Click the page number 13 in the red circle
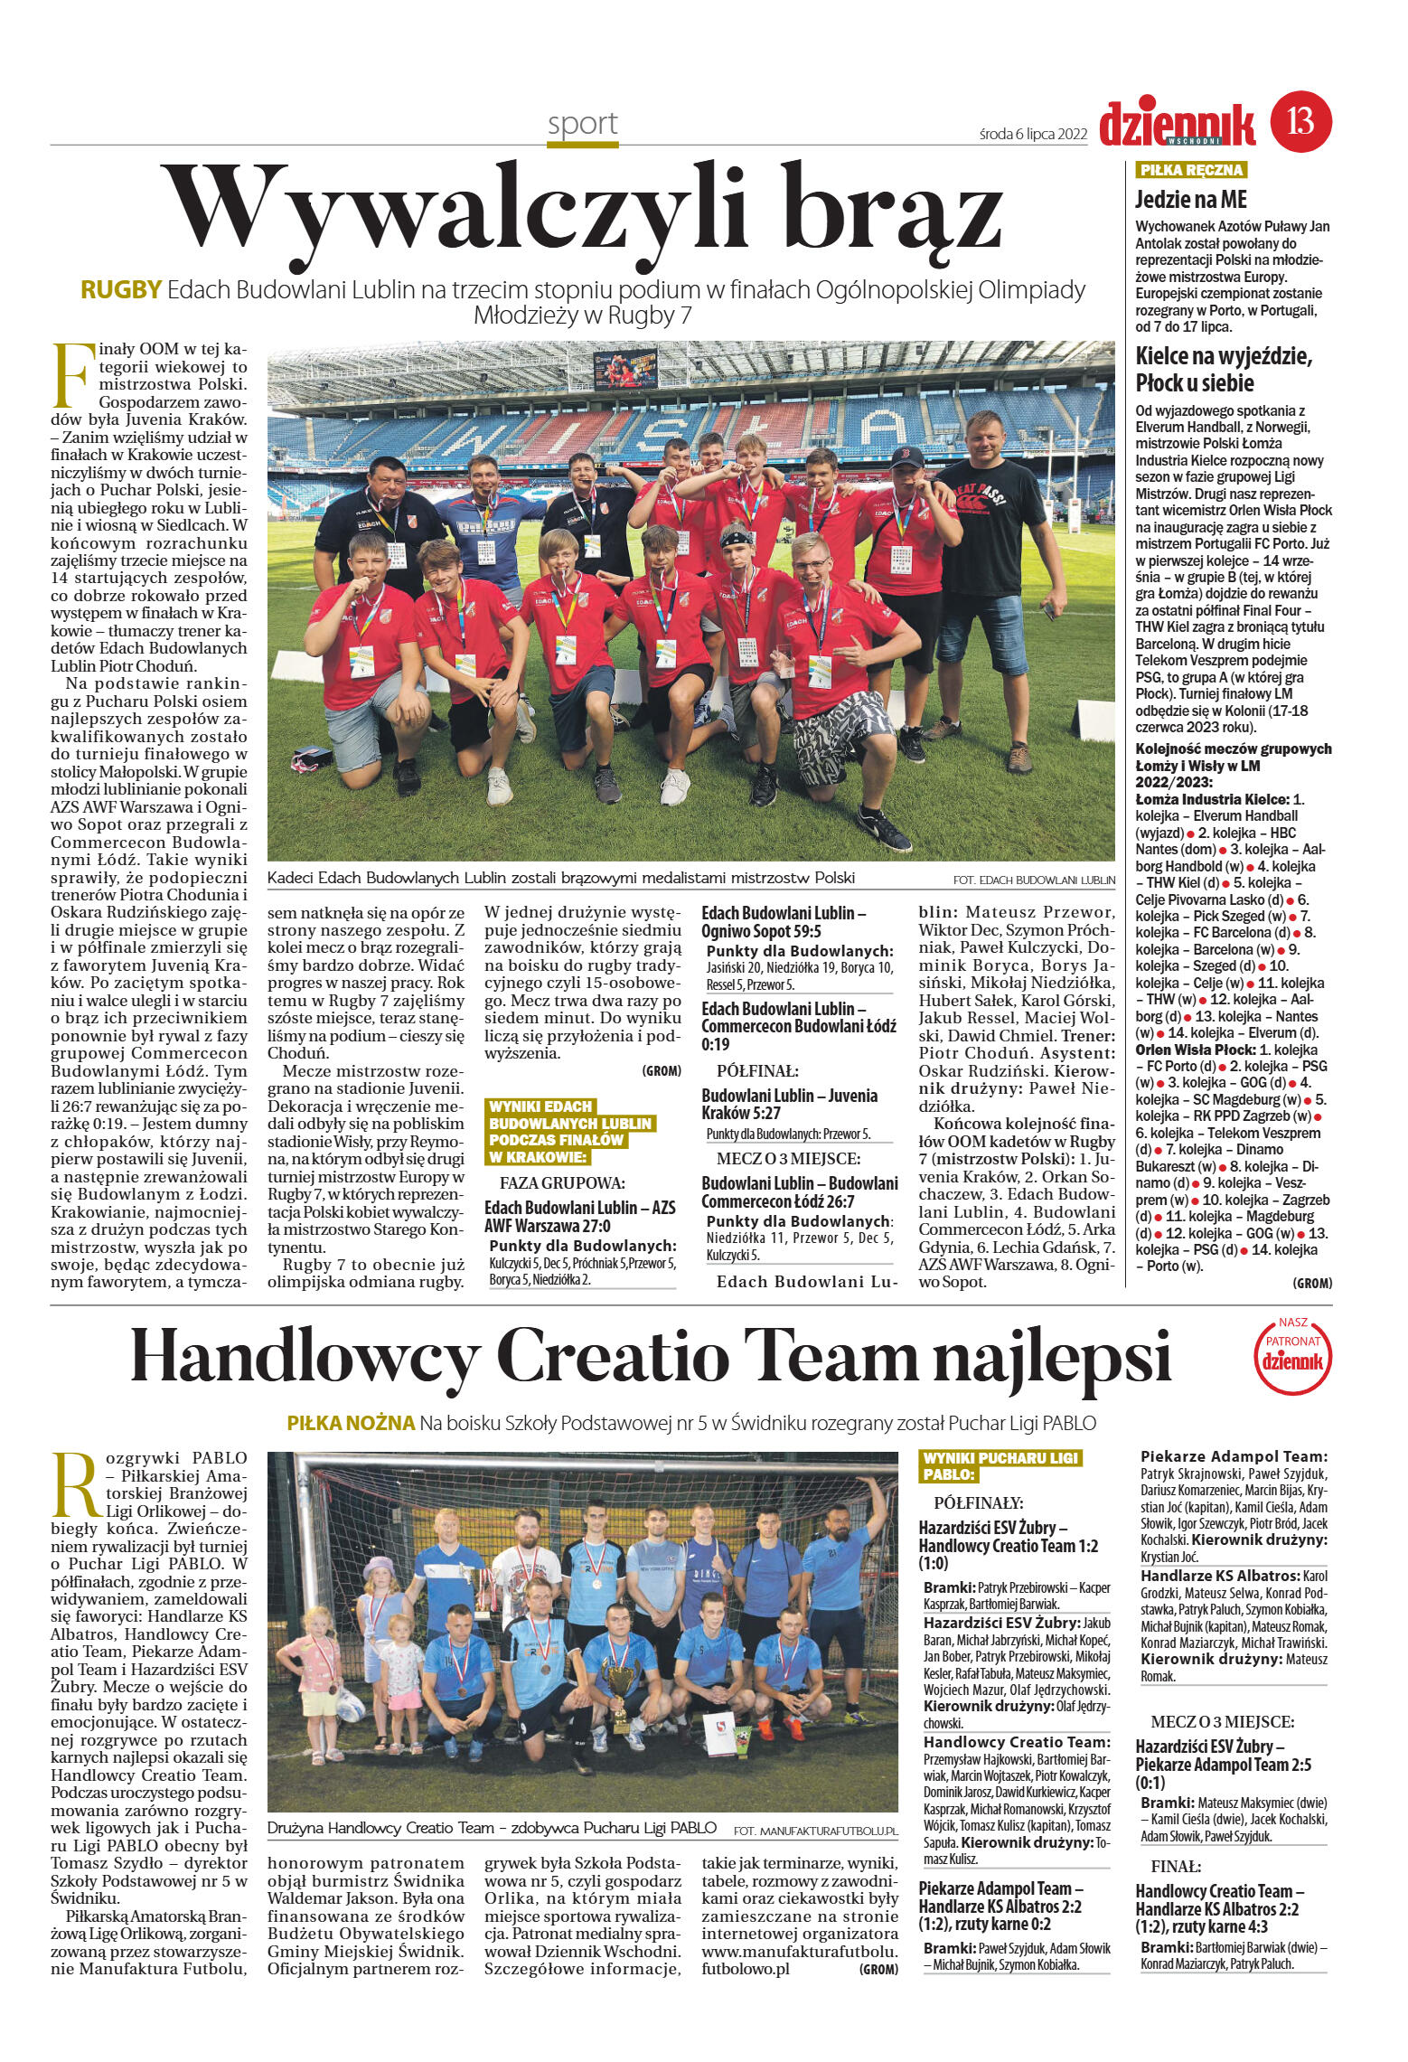click(x=1301, y=120)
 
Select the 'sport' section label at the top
click(x=582, y=124)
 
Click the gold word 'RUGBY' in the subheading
click(x=121, y=289)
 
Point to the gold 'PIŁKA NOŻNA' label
click(x=351, y=1423)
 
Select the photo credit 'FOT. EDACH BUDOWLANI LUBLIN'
click(x=1033, y=879)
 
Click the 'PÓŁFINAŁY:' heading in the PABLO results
click(x=979, y=1502)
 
